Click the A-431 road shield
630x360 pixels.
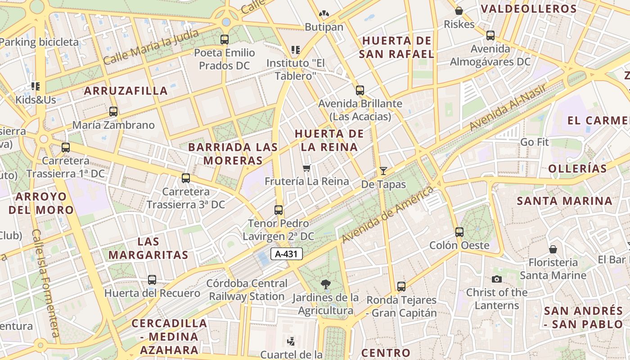click(287, 254)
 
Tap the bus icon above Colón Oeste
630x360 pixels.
click(459, 232)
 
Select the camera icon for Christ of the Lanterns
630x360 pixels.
click(496, 279)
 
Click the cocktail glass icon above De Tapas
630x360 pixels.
click(383, 171)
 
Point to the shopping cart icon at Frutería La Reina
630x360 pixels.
click(306, 168)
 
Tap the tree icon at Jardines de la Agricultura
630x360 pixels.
click(325, 284)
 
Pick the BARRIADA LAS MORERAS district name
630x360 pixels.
click(233, 153)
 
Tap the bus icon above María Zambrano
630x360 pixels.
click(113, 111)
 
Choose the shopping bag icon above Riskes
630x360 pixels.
click(459, 11)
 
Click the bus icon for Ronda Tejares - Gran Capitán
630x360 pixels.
click(401, 286)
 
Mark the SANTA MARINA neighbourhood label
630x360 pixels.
click(564, 201)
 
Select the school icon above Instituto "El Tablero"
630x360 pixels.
click(296, 49)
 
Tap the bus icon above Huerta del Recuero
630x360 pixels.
click(152, 279)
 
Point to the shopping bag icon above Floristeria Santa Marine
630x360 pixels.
click(553, 249)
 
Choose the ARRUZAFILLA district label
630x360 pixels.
click(126, 90)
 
